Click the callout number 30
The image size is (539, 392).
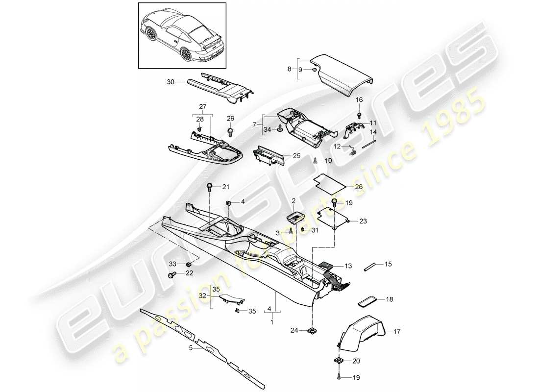(170, 82)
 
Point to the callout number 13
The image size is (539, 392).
(348, 266)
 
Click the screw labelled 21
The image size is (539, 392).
(210, 186)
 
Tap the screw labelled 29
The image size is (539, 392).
(230, 131)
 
